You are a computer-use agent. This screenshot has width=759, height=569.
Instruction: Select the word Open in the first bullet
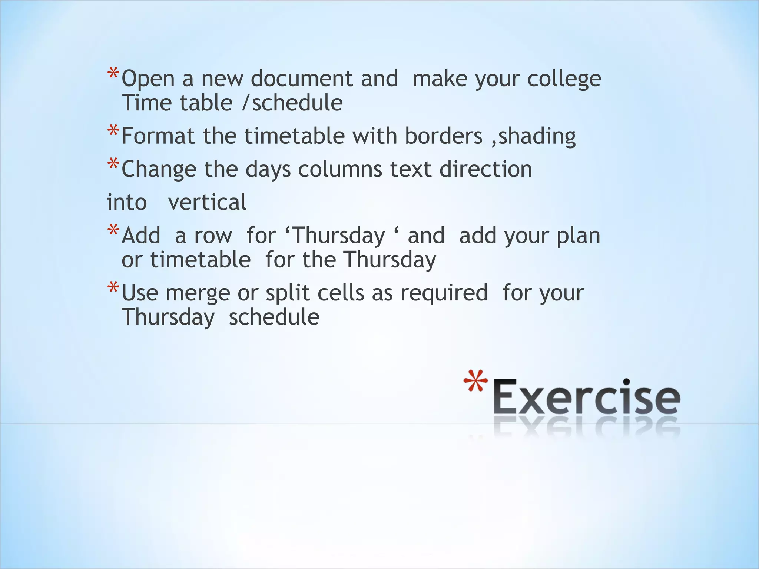click(148, 79)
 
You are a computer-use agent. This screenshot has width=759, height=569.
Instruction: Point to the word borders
click(443, 136)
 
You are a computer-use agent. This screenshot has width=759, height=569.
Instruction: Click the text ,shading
click(533, 136)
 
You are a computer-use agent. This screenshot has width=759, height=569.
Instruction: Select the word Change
click(159, 170)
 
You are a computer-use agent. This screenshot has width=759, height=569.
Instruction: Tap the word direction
click(485, 169)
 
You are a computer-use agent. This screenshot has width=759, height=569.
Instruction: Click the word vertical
click(207, 202)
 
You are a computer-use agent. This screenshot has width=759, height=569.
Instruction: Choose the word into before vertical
click(127, 203)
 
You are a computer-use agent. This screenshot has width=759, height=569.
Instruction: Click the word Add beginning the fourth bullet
click(141, 236)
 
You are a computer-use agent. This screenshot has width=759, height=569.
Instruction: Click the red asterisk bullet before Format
click(113, 131)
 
